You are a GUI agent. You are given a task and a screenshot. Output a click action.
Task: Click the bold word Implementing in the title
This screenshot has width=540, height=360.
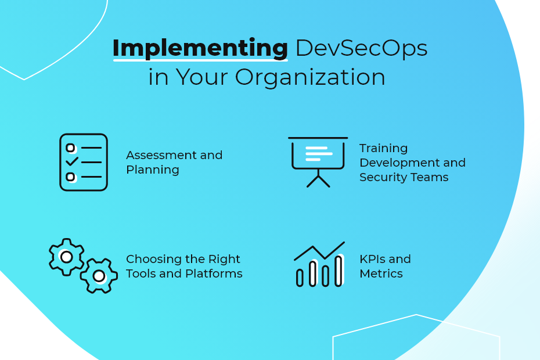200,48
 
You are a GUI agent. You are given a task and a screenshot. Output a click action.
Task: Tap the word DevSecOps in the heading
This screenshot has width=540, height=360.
362,48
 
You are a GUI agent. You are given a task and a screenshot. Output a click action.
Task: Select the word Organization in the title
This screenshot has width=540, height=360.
310,77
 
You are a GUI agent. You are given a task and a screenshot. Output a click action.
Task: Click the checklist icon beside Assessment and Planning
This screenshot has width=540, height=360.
84,162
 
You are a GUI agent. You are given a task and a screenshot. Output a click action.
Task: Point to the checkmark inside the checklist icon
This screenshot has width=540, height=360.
72,161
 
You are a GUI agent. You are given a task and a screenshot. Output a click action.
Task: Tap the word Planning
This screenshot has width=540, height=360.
153,170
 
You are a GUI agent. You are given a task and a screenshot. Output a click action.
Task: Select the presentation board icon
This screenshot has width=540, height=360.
318,162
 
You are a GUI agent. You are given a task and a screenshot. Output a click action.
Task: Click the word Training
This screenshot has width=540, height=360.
383,149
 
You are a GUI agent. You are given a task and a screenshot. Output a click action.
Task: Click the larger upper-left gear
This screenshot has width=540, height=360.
66,257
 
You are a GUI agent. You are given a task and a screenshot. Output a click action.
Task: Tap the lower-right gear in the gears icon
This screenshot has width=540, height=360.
99,276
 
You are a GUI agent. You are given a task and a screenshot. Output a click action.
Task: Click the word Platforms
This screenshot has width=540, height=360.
214,274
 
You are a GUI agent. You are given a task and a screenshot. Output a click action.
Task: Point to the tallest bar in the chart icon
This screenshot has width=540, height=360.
339,271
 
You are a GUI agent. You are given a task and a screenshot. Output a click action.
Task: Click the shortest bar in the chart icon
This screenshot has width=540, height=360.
300,278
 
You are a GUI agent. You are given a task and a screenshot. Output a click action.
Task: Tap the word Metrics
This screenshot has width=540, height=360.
381,274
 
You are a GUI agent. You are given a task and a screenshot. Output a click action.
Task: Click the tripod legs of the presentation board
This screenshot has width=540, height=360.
318,181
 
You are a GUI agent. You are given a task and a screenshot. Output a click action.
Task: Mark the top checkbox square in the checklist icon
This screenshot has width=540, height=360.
70,148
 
